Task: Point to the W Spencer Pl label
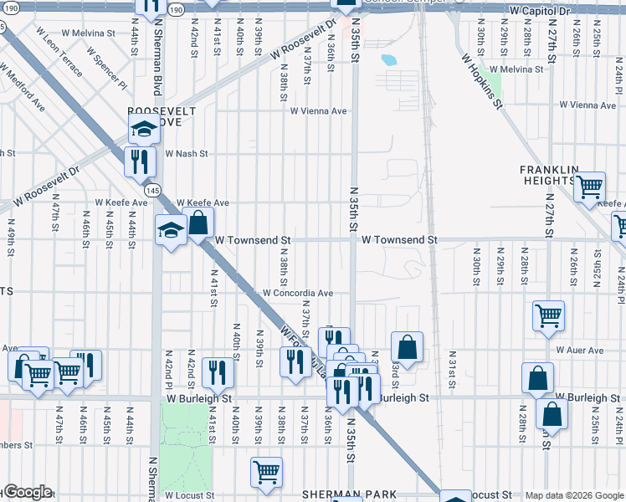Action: pos(110,73)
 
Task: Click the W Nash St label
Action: pos(186,154)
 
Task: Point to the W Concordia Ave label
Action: pos(298,294)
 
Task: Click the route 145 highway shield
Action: pos(152,191)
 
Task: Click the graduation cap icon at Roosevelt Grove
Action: pos(144,130)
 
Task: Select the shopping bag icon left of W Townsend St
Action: pos(198,223)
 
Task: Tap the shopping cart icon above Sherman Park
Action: pos(266,471)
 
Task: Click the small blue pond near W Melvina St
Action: pos(388,60)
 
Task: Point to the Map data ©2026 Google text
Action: pos(573,495)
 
